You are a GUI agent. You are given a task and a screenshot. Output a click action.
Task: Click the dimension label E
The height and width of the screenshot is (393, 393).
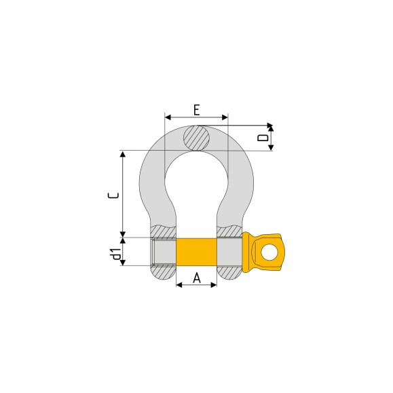click(x=197, y=110)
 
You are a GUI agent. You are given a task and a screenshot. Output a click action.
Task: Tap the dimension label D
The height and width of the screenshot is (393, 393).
click(x=263, y=138)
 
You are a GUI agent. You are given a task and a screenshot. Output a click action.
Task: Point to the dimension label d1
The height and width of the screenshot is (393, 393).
click(x=117, y=254)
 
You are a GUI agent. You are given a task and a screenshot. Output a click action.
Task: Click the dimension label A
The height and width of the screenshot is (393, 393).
click(x=197, y=278)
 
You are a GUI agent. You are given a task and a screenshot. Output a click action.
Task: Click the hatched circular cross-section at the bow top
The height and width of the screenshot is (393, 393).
click(x=197, y=138)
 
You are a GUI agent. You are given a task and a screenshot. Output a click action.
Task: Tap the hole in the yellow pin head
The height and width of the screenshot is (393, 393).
click(x=269, y=252)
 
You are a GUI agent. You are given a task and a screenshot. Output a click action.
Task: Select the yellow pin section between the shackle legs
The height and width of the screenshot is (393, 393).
click(x=197, y=252)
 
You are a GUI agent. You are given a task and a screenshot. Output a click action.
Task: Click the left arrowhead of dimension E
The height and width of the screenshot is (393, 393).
click(x=168, y=117)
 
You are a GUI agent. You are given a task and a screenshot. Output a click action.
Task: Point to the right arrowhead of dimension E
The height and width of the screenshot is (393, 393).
click(x=225, y=117)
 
